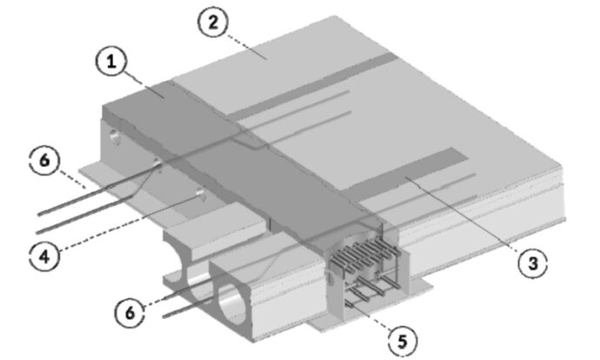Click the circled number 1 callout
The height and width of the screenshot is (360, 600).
(111, 61)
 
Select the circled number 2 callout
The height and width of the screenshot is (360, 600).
(213, 22)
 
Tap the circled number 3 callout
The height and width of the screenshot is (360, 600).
(533, 263)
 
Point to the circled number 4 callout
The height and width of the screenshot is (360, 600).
(44, 256)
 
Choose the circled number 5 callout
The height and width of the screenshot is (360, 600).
(403, 340)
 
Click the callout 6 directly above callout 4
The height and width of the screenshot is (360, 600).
(44, 160)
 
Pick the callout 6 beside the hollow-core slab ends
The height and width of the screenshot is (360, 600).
(130, 312)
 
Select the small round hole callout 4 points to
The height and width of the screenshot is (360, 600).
(201, 194)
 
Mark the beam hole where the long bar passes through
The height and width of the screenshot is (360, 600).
(157, 163)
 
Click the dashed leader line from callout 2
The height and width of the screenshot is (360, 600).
(247, 48)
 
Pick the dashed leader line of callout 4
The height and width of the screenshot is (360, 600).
(130, 223)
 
